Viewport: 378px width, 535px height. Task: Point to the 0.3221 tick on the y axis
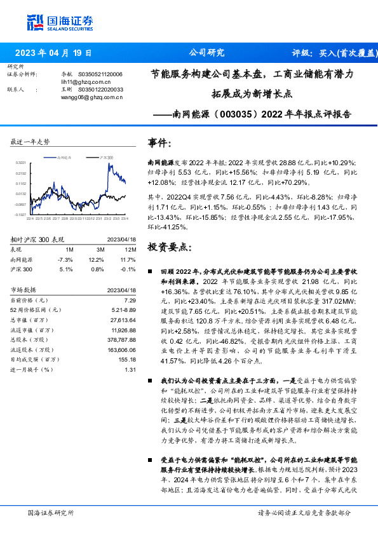click(21, 163)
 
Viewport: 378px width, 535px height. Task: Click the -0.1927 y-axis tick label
click(21, 214)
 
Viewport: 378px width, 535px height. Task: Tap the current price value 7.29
click(130, 300)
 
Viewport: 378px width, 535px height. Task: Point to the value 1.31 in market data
click(131, 370)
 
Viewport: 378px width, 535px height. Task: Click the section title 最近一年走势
click(30, 142)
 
